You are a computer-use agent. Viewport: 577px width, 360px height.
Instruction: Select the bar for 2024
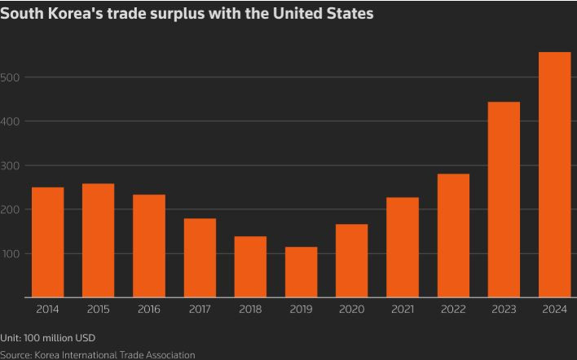click(554, 174)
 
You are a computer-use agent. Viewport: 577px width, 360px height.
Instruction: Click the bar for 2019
click(301, 272)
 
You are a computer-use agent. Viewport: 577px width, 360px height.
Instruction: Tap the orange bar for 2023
click(504, 200)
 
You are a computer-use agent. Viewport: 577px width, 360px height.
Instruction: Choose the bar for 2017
click(200, 257)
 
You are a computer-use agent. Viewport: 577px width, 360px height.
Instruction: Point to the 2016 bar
click(149, 246)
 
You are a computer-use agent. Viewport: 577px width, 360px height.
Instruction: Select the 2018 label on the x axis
click(250, 310)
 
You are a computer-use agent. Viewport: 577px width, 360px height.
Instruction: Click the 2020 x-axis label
click(351, 310)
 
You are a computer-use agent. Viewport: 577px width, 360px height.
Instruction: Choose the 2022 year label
click(453, 310)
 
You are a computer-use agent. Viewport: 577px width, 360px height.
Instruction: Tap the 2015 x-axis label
click(99, 310)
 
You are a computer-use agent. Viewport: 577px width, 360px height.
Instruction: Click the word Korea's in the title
click(77, 14)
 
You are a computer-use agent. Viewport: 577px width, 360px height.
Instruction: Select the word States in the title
click(350, 14)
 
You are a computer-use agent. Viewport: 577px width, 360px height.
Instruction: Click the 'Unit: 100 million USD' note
click(47, 338)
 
